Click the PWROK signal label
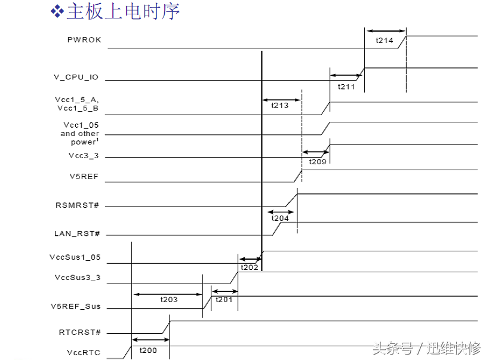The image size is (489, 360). point(84,41)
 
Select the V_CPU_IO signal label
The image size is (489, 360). point(76,78)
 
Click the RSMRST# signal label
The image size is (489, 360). point(78,205)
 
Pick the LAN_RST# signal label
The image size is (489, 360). point(77,233)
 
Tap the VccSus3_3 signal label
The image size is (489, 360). point(77,278)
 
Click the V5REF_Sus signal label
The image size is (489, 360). point(76,307)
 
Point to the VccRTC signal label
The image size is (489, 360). point(84,352)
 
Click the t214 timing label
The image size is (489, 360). point(385,41)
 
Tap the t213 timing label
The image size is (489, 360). point(280,106)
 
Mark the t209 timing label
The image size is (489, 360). point(317,162)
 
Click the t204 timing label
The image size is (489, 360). point(280,219)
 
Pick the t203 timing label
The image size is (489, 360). point(169,300)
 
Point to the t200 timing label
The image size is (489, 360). point(148,350)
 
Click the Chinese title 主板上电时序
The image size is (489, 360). point(122,11)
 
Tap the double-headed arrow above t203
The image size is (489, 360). point(167,294)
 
